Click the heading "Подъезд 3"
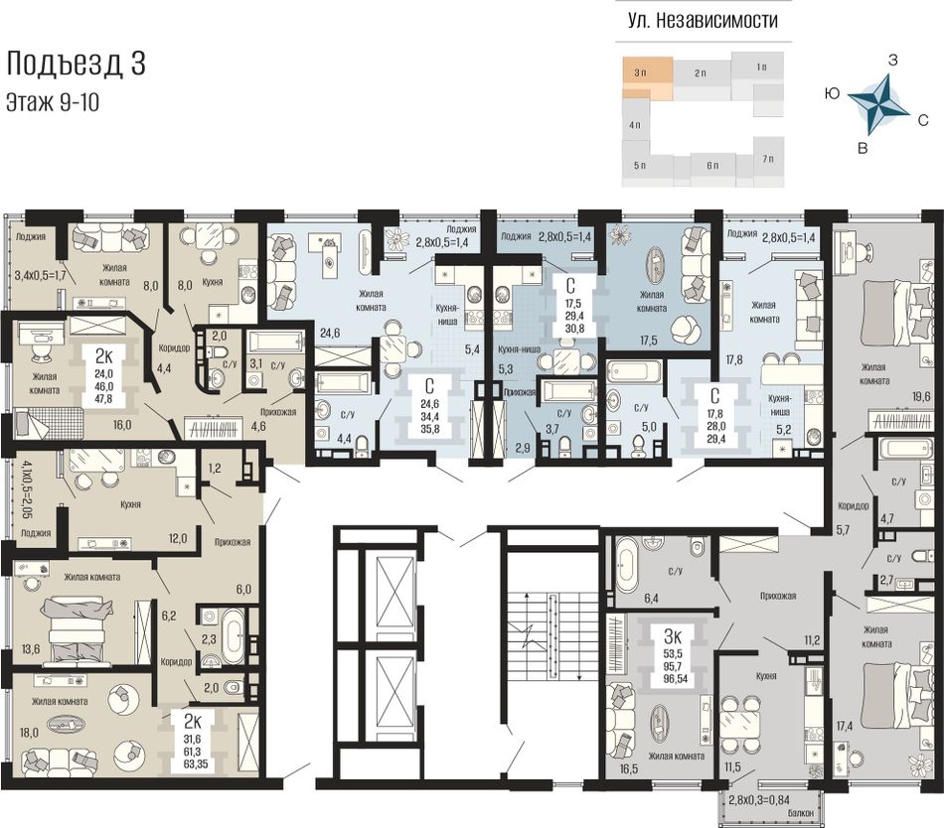click(76, 64)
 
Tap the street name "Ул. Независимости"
click(703, 21)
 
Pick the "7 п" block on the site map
click(768, 159)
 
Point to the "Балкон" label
click(800, 813)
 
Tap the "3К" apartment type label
click(673, 636)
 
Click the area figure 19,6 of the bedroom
click(921, 396)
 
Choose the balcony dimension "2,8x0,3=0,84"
click(758, 800)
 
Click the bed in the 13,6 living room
click(78, 628)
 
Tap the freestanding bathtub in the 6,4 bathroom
click(626, 565)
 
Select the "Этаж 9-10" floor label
click(53, 103)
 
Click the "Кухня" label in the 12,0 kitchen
click(130, 504)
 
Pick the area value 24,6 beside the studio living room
click(330, 332)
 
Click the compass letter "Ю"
click(832, 93)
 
